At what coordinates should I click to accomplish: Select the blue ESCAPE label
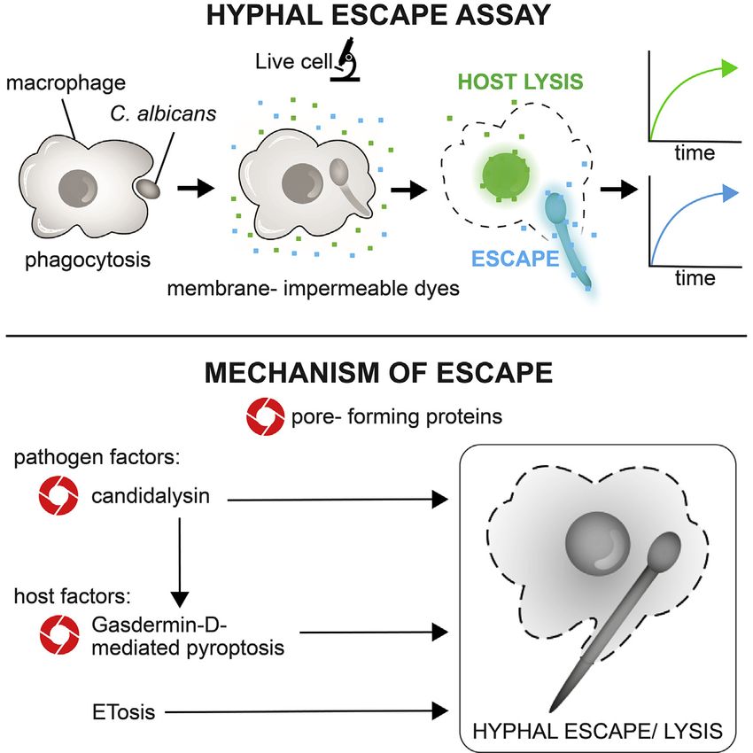(x=515, y=259)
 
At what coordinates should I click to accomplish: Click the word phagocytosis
(x=76, y=262)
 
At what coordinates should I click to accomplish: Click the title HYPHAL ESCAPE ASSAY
(x=376, y=17)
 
